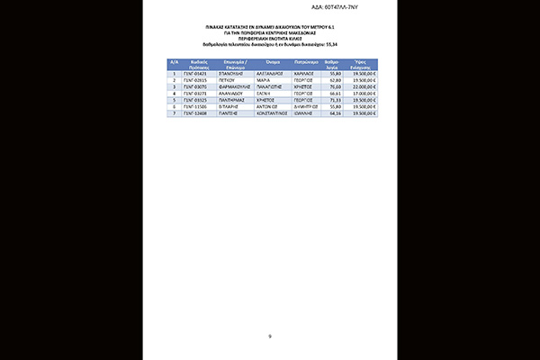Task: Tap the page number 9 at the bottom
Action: pyautogui.click(x=269, y=336)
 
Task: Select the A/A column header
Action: pyautogui.click(x=174, y=64)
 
